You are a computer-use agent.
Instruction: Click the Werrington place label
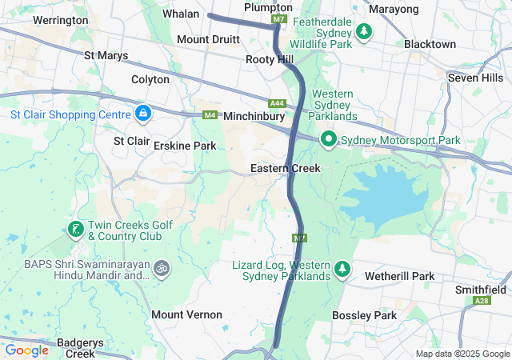click(x=61, y=19)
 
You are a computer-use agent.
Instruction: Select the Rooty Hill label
click(x=270, y=60)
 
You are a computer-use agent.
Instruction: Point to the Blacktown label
click(x=430, y=44)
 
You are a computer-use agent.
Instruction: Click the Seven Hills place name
click(x=475, y=78)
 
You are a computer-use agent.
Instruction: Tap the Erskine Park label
click(x=185, y=146)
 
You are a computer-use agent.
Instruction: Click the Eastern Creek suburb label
click(x=285, y=168)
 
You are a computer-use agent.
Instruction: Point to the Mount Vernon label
click(x=186, y=314)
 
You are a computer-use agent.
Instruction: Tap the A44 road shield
click(x=278, y=103)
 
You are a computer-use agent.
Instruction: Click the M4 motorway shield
click(x=210, y=115)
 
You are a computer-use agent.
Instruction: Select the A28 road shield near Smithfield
click(x=482, y=301)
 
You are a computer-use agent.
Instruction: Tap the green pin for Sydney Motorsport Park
click(x=328, y=139)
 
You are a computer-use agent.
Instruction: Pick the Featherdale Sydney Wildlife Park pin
click(x=364, y=32)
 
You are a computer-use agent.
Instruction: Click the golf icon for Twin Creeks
click(x=75, y=230)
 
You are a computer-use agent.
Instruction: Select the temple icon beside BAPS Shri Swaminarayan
click(x=161, y=267)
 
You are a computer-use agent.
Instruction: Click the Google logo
click(x=27, y=350)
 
